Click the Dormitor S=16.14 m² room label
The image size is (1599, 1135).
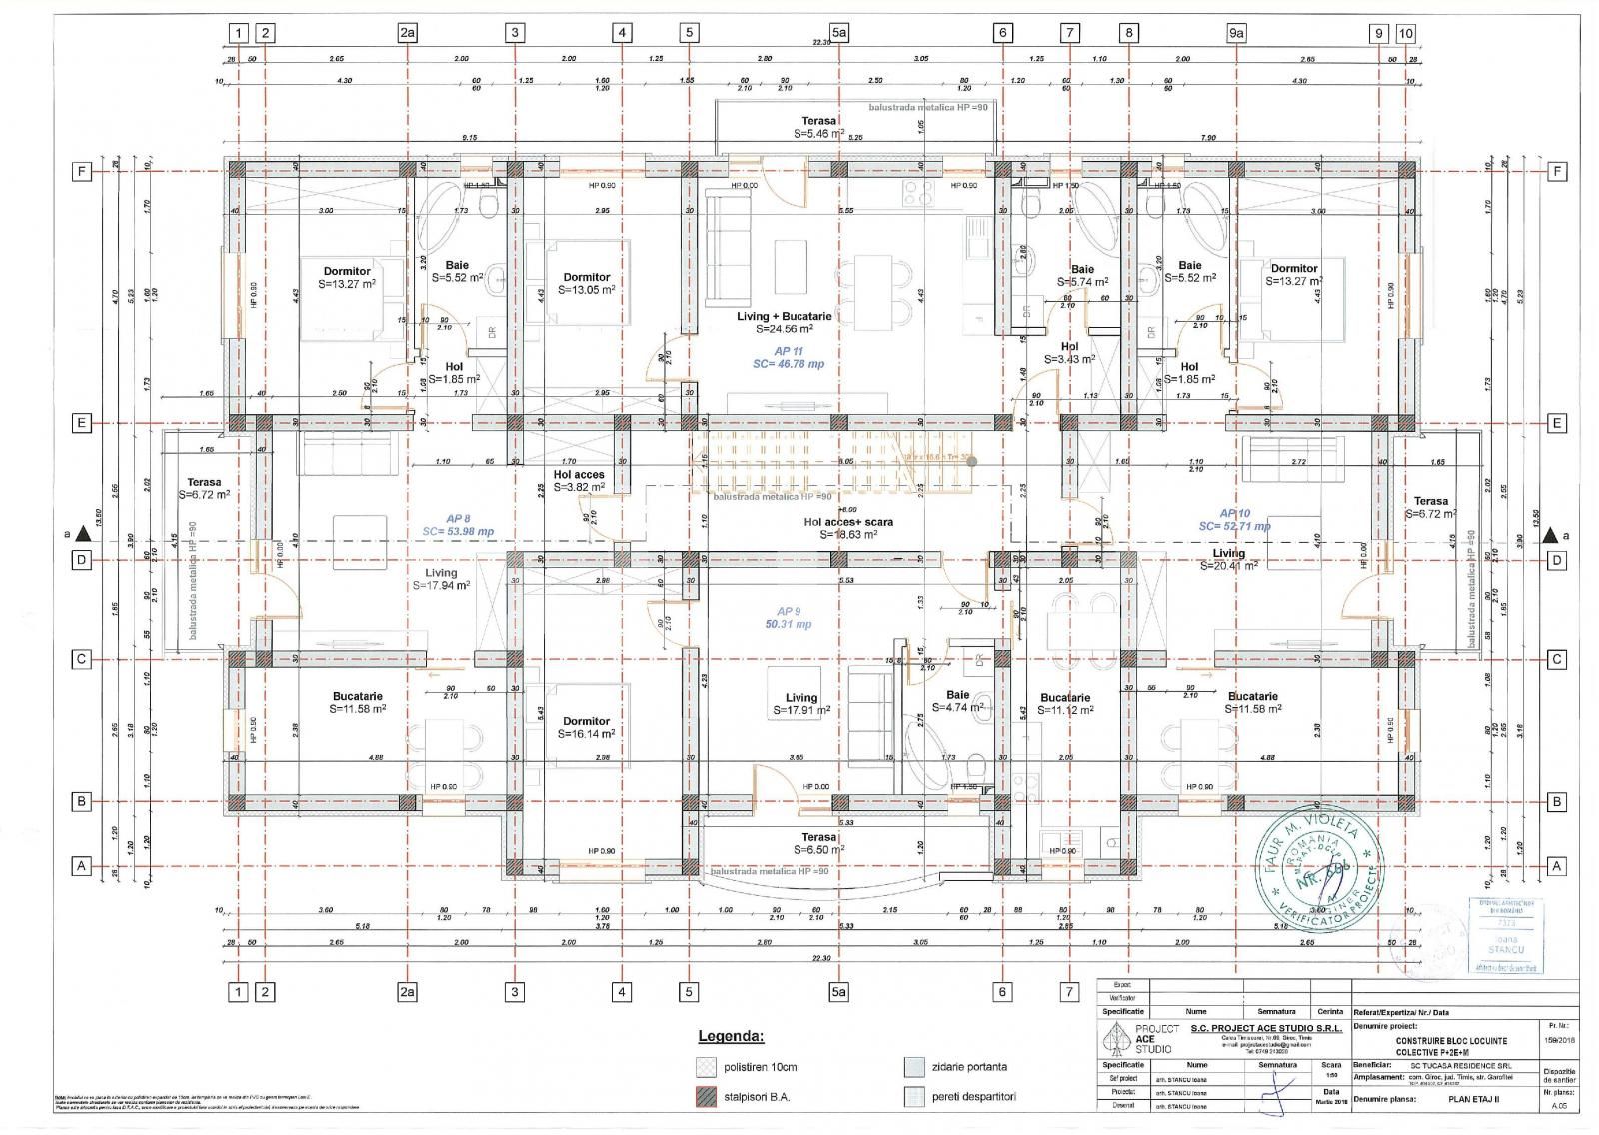point(586,727)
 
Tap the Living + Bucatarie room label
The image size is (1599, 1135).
point(785,322)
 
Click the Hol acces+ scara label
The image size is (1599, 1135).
point(848,528)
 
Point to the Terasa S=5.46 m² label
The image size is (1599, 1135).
point(818,127)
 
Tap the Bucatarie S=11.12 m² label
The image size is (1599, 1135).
point(1065,703)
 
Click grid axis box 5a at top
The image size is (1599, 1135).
point(839,33)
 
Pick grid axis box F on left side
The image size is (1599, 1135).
point(82,172)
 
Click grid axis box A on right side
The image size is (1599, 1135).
point(1556,866)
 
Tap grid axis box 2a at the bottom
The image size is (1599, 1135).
point(407,992)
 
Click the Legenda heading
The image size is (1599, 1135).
point(730,1036)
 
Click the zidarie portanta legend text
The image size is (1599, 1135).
point(970,1067)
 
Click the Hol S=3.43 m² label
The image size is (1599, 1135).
point(1069,353)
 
